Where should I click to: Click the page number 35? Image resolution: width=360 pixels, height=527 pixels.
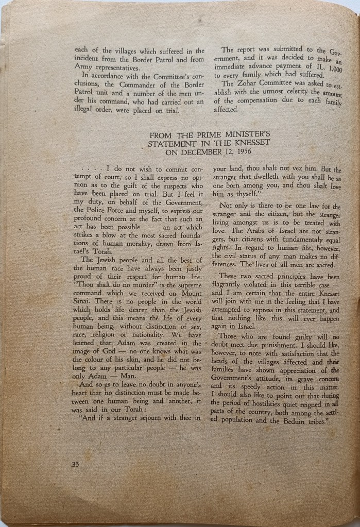75,464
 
